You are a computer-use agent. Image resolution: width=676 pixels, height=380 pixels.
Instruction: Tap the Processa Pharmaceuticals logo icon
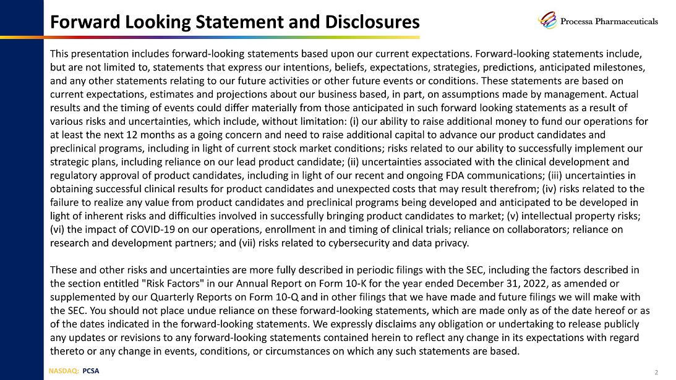(547, 20)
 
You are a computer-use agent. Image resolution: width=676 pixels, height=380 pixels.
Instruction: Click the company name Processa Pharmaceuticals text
(609, 21)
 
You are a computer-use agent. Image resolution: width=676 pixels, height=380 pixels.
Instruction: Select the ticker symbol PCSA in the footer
(90, 371)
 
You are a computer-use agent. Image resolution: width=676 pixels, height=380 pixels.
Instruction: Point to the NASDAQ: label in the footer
(64, 371)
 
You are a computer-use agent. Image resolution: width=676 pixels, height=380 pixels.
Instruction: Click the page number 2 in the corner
(656, 372)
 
